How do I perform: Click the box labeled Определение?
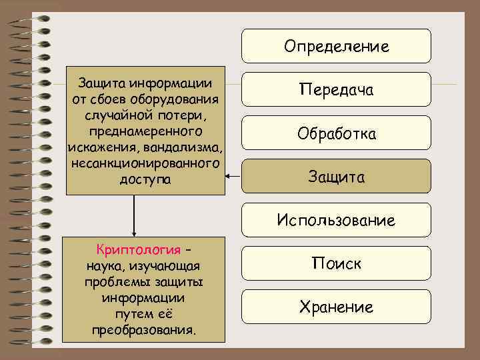pos(336,46)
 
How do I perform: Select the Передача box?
pos(336,89)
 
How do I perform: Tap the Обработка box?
pos(336,133)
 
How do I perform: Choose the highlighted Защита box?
pos(336,177)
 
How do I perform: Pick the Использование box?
pos(336,220)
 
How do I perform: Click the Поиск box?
pos(336,263)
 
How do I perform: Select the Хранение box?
pos(336,307)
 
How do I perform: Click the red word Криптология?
pos(139,251)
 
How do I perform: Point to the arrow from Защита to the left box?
pos(233,177)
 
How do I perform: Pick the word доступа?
pos(146,179)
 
